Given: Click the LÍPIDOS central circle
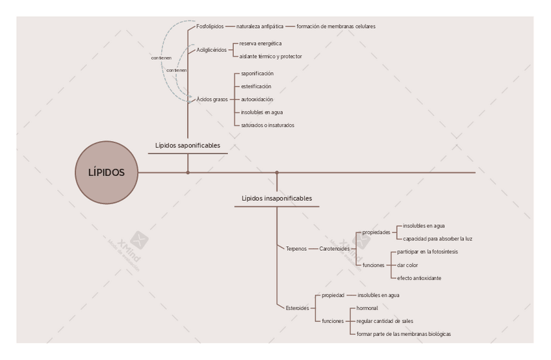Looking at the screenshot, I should pos(107,173).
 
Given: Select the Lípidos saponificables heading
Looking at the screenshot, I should pos(188,146).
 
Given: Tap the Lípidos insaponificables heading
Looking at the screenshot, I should pos(277,198).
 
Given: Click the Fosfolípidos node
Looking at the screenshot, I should pos(210,27).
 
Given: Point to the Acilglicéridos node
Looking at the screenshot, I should pos(212,50).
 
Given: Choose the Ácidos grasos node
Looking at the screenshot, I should pos(212,99).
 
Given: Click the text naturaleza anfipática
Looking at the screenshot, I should pos(260,27).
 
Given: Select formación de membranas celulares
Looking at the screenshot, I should pos(336,27).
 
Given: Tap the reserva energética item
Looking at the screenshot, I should pos(261,44).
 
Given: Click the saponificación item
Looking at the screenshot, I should pos(257,73).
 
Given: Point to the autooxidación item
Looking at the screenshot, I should pos(257,99).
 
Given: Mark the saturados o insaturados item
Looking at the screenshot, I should pos(268,125).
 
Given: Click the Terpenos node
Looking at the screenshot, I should pos(296,249).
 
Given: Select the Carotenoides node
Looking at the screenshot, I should pos(335,249).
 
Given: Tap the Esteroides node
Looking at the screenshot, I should pos(298,308).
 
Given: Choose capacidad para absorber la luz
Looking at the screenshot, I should pos(438,238).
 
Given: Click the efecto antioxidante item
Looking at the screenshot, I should pos(419,278).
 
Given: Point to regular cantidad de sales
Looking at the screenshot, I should pos(385,321).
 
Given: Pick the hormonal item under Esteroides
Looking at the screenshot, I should pos(367,308).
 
